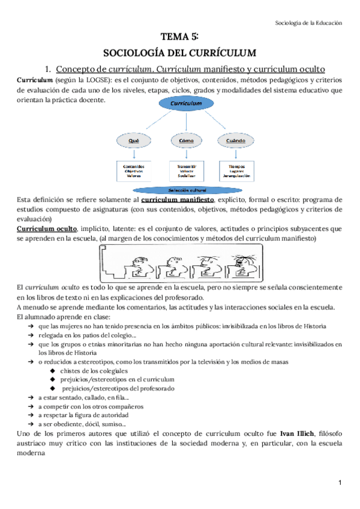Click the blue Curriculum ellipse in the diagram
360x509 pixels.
[x=185, y=104]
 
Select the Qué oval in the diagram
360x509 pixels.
[x=134, y=141]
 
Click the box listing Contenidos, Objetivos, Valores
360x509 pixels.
[x=134, y=170]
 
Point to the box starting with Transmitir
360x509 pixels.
[x=184, y=170]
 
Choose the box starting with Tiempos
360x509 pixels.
[x=235, y=170]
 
